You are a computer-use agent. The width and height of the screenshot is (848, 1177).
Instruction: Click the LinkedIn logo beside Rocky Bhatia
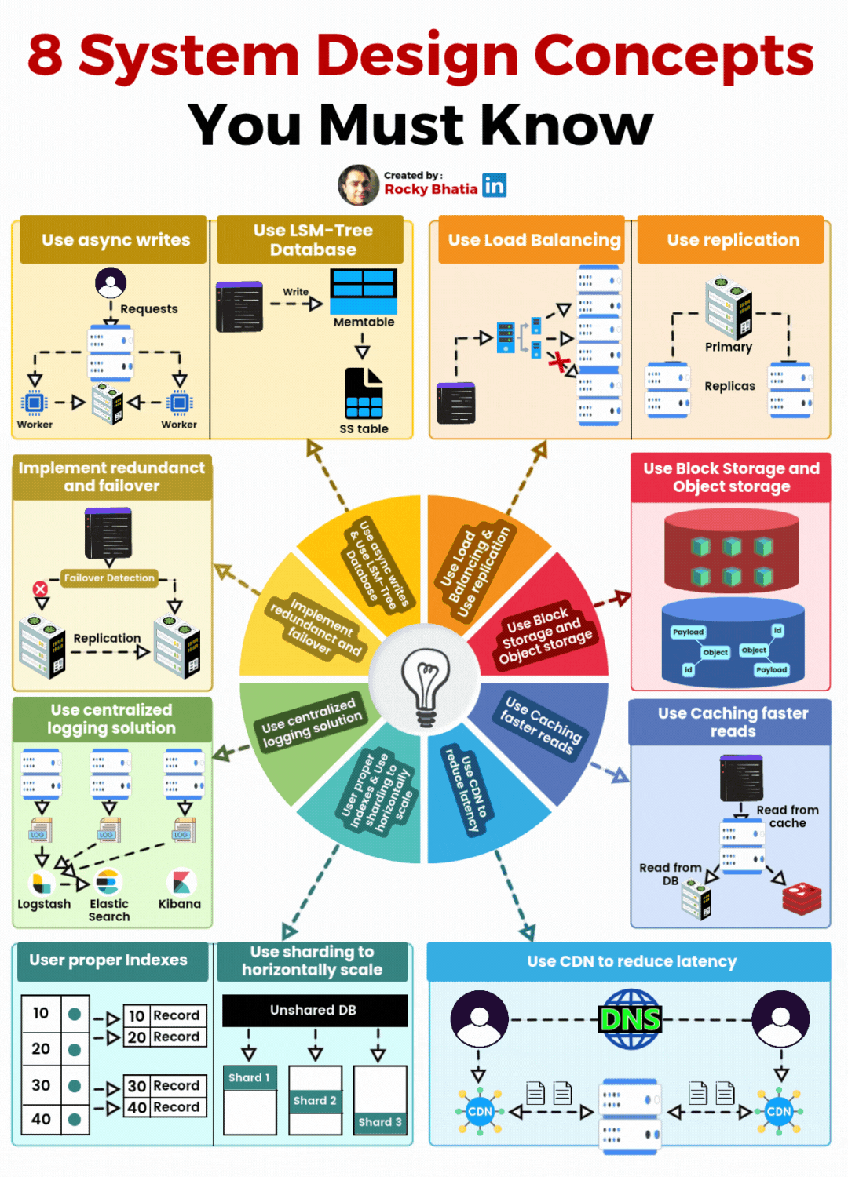(494, 185)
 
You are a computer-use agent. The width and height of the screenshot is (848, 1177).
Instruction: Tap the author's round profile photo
(358, 185)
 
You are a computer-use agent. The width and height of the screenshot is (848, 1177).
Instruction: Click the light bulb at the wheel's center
(425, 680)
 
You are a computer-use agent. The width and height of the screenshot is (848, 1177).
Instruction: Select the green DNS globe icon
(630, 1019)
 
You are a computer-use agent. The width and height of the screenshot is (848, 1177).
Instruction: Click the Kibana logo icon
(181, 882)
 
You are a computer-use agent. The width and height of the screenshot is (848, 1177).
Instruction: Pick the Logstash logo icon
(40, 884)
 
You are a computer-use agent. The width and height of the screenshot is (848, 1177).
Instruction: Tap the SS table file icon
(364, 394)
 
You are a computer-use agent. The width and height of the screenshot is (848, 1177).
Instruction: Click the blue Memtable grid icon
(364, 291)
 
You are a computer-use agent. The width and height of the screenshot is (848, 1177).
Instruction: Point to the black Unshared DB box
(314, 1010)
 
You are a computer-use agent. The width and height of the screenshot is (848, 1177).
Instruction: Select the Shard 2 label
(315, 1101)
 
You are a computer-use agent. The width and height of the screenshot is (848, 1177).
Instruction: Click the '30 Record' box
(164, 1086)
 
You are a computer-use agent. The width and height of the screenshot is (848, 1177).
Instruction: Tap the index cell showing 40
(42, 1119)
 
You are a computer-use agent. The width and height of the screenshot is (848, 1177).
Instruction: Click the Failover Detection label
(109, 578)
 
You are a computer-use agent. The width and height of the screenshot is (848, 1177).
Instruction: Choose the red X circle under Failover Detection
(40, 588)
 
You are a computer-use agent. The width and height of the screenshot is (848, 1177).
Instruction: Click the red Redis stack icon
(802, 898)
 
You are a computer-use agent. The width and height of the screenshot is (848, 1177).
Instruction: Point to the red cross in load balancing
(558, 362)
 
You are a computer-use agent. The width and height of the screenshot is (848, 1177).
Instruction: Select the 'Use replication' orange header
(733, 240)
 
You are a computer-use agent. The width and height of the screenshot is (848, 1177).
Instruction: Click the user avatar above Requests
(111, 282)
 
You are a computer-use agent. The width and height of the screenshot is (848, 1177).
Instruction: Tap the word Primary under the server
(728, 347)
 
